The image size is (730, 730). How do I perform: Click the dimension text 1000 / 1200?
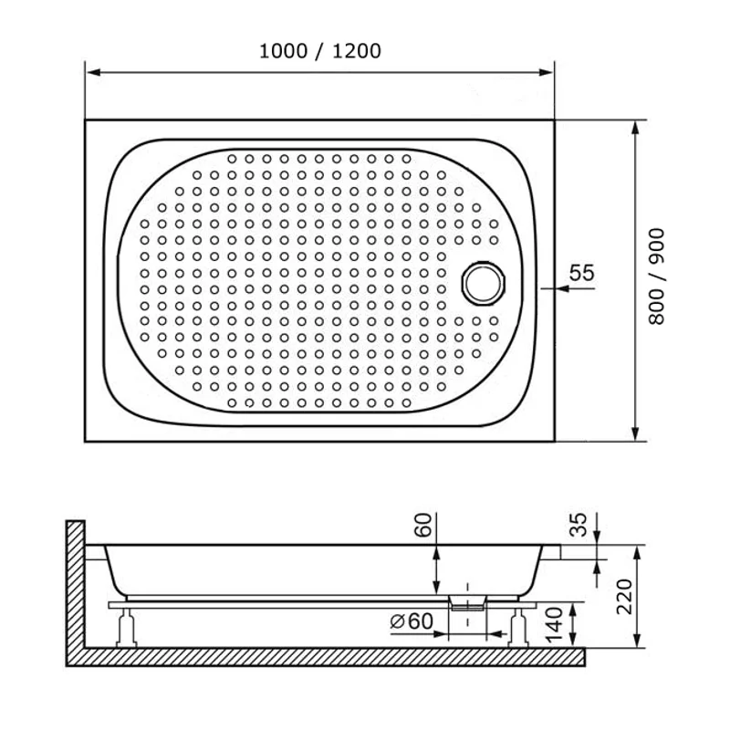[x=319, y=51]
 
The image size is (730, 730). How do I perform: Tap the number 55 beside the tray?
[x=581, y=272]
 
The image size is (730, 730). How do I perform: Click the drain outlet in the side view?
[x=468, y=601]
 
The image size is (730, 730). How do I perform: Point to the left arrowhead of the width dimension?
[x=89, y=71]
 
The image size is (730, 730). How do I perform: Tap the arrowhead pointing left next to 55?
[x=559, y=288]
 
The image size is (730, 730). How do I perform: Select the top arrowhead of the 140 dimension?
[x=573, y=606]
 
